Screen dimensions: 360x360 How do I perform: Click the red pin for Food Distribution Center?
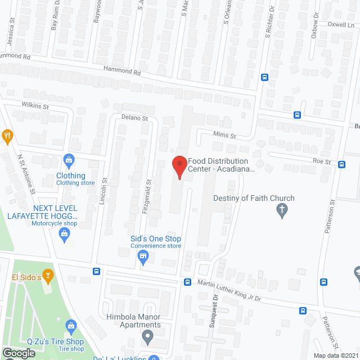[x=179, y=166]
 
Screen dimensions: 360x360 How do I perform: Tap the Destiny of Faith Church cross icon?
[x=282, y=211]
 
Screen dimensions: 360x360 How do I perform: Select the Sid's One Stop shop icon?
[x=143, y=258]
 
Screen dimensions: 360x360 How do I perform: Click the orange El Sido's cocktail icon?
[x=49, y=276]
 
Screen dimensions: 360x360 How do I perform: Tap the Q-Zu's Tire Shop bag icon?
[x=71, y=325]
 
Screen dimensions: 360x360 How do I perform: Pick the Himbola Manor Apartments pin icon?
[x=147, y=338]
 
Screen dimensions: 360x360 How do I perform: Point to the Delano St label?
[x=134, y=118]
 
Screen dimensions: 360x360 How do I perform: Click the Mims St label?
[x=224, y=135]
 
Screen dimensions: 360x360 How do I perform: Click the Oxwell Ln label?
[x=342, y=25]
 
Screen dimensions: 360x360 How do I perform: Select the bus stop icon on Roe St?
[x=341, y=164]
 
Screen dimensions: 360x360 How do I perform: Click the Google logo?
[x=19, y=353]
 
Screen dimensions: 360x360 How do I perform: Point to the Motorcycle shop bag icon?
[x=65, y=238]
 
